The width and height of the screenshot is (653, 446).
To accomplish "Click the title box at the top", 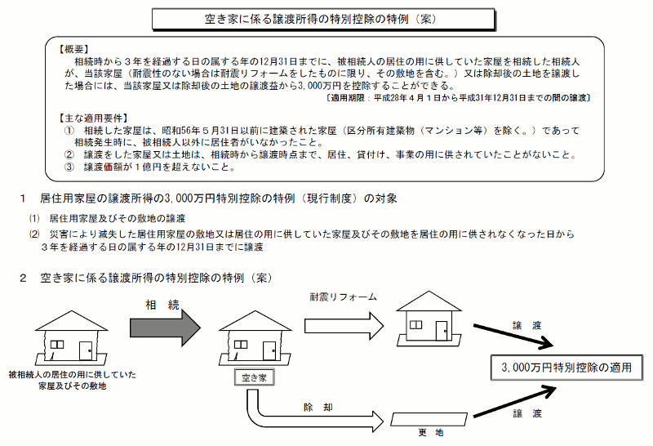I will [326, 18].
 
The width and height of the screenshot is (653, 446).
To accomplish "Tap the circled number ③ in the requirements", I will [69, 167].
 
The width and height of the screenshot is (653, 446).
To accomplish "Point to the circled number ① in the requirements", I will [69, 131].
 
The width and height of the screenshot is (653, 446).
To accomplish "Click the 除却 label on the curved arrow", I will [316, 406].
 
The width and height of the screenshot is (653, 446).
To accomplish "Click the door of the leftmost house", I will [85, 351].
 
